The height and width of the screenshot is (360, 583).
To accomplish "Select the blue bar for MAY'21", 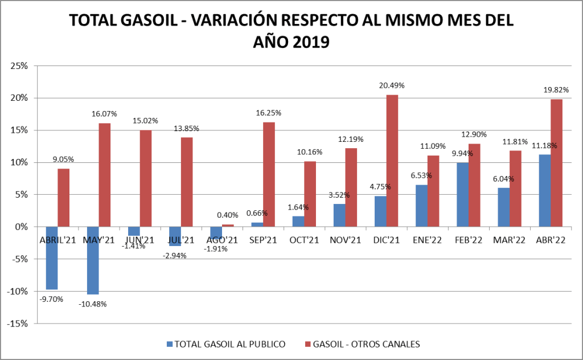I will [93, 260].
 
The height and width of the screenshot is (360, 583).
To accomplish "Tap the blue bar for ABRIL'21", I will [52, 257].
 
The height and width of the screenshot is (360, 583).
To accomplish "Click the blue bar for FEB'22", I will [462, 194].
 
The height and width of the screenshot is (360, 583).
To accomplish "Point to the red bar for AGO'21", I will [228, 226].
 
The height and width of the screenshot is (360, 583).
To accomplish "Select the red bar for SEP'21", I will [269, 174].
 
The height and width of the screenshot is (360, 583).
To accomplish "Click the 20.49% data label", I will [392, 85].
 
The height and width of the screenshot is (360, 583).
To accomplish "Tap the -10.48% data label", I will [92, 304].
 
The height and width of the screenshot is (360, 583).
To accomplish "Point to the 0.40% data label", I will [228, 215].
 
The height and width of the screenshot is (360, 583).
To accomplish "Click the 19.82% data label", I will [556, 90].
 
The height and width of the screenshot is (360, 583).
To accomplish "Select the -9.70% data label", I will [51, 298].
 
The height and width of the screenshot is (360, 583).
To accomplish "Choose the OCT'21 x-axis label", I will [304, 240].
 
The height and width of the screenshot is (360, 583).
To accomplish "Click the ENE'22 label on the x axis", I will [428, 240].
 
